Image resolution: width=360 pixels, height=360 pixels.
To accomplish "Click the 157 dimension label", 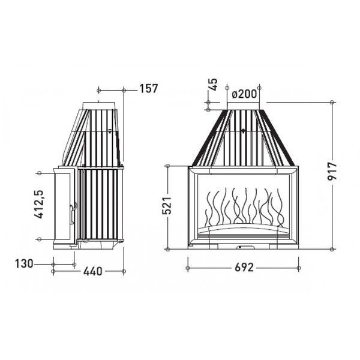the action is (x=149, y=89).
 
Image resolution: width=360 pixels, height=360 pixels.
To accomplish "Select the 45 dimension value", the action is (x=213, y=85).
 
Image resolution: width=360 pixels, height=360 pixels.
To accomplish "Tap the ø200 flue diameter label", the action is (x=244, y=94).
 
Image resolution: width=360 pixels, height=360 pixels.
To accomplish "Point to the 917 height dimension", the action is (x=332, y=171).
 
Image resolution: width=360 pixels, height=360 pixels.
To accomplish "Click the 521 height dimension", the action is (x=167, y=205).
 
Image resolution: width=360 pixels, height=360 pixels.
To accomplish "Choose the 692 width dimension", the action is (x=244, y=268).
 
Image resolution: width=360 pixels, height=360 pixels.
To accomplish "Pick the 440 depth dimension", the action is (x=93, y=271).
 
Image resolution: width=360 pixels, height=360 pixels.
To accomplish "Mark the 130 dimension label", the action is (x=24, y=263).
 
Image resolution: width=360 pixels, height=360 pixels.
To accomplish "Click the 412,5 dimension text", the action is (x=38, y=205).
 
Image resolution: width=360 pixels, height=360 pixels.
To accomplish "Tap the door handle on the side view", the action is (x=73, y=213).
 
